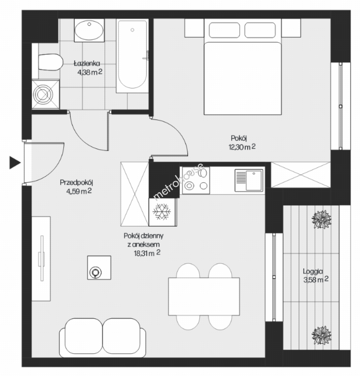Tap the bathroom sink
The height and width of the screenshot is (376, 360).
89,30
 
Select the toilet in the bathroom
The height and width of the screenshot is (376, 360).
50,62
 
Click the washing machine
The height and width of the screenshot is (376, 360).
46,94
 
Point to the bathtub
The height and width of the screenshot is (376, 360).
132,56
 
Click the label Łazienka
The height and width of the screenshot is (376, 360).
87,64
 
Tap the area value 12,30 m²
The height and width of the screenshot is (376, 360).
242,147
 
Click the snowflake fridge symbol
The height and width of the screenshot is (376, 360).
162,212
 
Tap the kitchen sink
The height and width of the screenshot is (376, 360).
249,180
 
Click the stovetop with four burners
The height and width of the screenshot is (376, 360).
196,180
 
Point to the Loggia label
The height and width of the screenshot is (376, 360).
313,272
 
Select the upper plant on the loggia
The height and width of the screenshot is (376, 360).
321,219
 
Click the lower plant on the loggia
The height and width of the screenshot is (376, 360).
321,335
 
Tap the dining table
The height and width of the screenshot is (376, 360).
204,296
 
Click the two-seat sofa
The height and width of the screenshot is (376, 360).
103,338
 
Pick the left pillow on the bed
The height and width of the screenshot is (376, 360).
224,30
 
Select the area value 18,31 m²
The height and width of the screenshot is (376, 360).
147,253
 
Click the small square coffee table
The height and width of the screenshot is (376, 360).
99,267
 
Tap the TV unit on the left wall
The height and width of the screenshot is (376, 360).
41,258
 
